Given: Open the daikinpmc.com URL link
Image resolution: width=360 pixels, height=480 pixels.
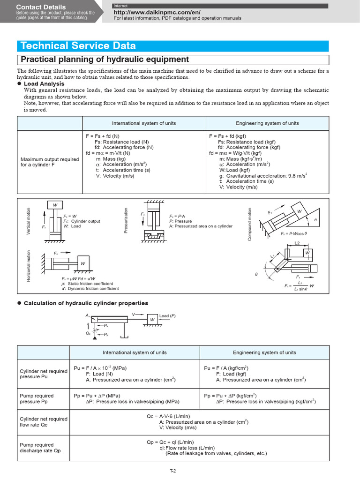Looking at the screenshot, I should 150,12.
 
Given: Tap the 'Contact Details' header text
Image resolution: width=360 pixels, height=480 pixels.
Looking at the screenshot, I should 41,7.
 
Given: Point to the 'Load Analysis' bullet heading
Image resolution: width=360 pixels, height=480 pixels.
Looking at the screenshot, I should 45,83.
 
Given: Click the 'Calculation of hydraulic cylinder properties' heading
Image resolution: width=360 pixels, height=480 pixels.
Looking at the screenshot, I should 86,303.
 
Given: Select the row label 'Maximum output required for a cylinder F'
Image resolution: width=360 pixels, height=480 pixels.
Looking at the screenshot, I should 50,162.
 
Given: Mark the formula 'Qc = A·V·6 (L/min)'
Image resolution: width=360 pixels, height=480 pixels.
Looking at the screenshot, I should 168,416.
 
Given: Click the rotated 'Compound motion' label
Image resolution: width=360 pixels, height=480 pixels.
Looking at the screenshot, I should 250,225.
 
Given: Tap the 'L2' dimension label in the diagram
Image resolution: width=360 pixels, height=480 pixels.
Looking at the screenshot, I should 297,243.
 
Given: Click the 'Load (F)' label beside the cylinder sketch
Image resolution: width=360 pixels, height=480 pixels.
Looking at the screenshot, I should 167,316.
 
